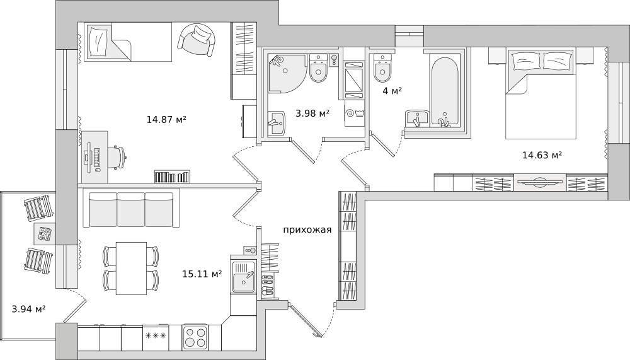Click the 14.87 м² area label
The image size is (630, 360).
coord(166,119)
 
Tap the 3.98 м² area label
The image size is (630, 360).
coord(312,113)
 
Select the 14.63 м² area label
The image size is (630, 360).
coord(542,155)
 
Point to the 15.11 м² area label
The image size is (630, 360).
coord(202,274)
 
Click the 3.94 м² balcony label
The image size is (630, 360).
coord(28,310)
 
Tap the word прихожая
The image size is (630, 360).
coord(307,230)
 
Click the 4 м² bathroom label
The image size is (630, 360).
coord(392,91)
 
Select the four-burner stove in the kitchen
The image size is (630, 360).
coord(195,337)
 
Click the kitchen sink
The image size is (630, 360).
coord(243,277)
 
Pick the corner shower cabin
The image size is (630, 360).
coord(286,73)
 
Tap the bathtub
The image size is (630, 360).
coord(444,90)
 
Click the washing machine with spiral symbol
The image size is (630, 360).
coord(354,113)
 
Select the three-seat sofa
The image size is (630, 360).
coord(130,209)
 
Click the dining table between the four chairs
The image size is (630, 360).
coord(132,269)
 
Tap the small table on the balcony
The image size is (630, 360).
coord(45,233)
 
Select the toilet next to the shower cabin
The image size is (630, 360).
coord(319,68)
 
